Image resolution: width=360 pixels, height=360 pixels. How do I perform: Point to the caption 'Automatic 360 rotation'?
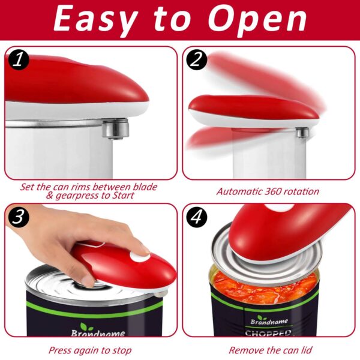[268, 191]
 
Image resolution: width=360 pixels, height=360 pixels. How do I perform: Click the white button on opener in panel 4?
[277, 208]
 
